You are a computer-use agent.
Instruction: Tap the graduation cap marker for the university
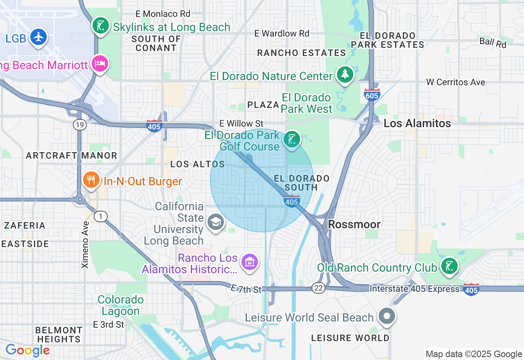pyautogui.click(x=215, y=223)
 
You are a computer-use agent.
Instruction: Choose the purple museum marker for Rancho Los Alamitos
pyautogui.click(x=249, y=262)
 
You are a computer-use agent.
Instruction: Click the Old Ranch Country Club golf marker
pyautogui.click(x=449, y=266)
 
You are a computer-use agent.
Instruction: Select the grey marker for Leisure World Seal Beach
pyautogui.click(x=386, y=317)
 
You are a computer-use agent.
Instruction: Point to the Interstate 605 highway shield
pyautogui.click(x=372, y=94)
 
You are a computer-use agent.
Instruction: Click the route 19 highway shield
pyautogui.click(x=80, y=125)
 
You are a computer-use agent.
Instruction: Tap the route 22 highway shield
pyautogui.click(x=318, y=288)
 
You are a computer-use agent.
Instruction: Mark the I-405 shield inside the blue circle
pyautogui.click(x=291, y=201)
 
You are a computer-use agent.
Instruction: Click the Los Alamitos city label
pyautogui.click(x=417, y=123)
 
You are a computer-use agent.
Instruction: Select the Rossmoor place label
pyautogui.click(x=354, y=224)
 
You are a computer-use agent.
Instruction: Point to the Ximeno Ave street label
pyautogui.click(x=85, y=245)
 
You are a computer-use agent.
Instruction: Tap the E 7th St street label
pyautogui.click(x=246, y=289)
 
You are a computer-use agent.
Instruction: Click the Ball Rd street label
pyautogui.click(x=493, y=42)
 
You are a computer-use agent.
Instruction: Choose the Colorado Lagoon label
pyautogui.click(x=121, y=305)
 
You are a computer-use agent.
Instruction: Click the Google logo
pyautogui.click(x=27, y=350)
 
